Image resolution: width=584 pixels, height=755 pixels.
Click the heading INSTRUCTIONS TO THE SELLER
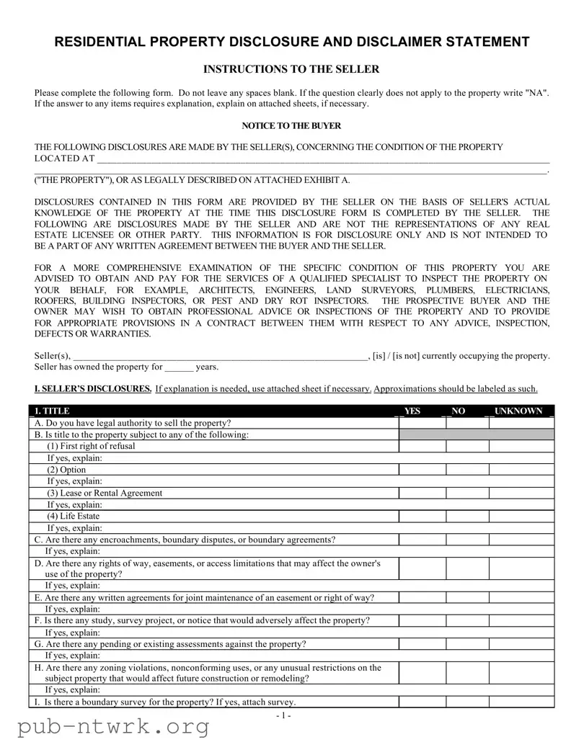pyautogui.click(x=291, y=69)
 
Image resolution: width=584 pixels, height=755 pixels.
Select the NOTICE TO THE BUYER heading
pyautogui.click(x=291, y=125)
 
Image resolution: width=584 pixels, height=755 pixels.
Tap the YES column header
pyautogui.click(x=412, y=411)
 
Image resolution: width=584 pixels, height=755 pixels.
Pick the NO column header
pyautogui.click(x=458, y=411)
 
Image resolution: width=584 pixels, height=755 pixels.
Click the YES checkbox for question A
pyautogui.click(x=422, y=423)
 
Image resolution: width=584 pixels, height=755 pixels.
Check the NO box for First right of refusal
pyautogui.click(x=467, y=446)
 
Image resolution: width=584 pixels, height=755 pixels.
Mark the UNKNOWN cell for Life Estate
pyautogui.click(x=522, y=517)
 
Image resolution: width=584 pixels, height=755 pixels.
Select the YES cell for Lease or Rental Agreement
pyautogui.click(x=422, y=493)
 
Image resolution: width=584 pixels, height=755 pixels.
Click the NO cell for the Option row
pyautogui.click(x=467, y=470)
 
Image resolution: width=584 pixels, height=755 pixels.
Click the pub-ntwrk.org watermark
pyautogui.click(x=107, y=728)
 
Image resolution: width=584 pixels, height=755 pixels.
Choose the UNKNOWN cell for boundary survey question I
pyautogui.click(x=522, y=702)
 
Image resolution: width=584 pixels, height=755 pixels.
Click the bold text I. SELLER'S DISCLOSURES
pyautogui.click(x=93, y=389)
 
